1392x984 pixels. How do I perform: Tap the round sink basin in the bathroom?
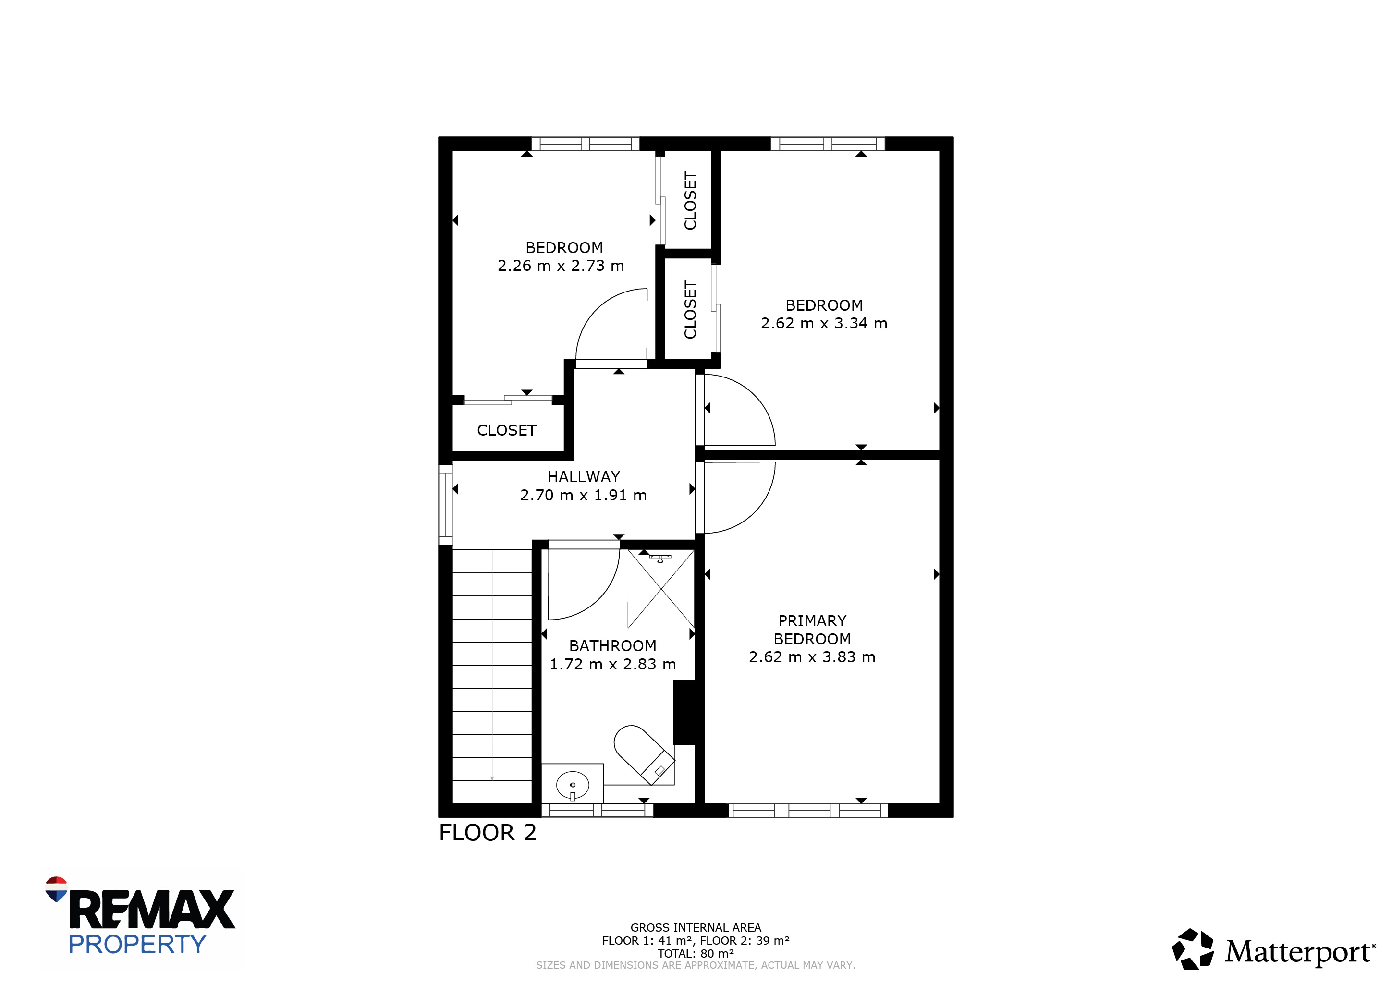point(573,785)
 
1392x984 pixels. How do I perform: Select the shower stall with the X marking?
point(661,589)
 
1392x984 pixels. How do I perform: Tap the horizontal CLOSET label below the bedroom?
point(506,430)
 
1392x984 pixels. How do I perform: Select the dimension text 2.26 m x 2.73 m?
point(561,266)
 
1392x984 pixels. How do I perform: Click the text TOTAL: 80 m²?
point(696,953)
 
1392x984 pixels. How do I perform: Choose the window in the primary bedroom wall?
point(808,810)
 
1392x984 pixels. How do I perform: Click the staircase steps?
point(492,676)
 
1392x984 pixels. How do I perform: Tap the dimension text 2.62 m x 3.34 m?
point(824,323)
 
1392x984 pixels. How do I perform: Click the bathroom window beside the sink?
point(597,810)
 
